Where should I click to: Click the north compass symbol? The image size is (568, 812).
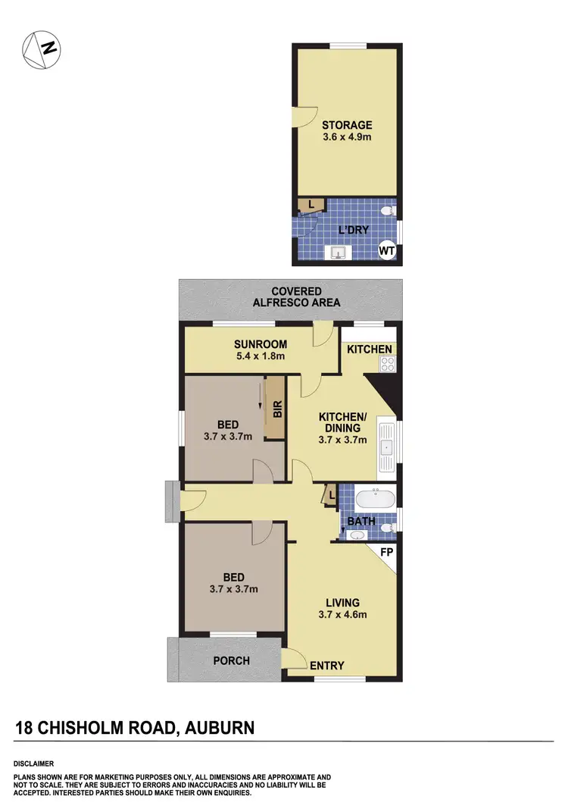[42, 49]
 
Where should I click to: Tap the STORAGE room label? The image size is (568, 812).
[347, 125]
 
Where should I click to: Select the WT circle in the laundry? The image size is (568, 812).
[386, 249]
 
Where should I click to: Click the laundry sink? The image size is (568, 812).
[337, 253]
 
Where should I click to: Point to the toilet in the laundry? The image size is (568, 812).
[388, 209]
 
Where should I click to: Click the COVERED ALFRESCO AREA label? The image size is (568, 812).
[296, 296]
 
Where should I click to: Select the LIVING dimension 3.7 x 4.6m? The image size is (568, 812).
[342, 615]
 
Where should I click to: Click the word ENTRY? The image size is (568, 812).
[327, 666]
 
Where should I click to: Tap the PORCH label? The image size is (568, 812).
[231, 660]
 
